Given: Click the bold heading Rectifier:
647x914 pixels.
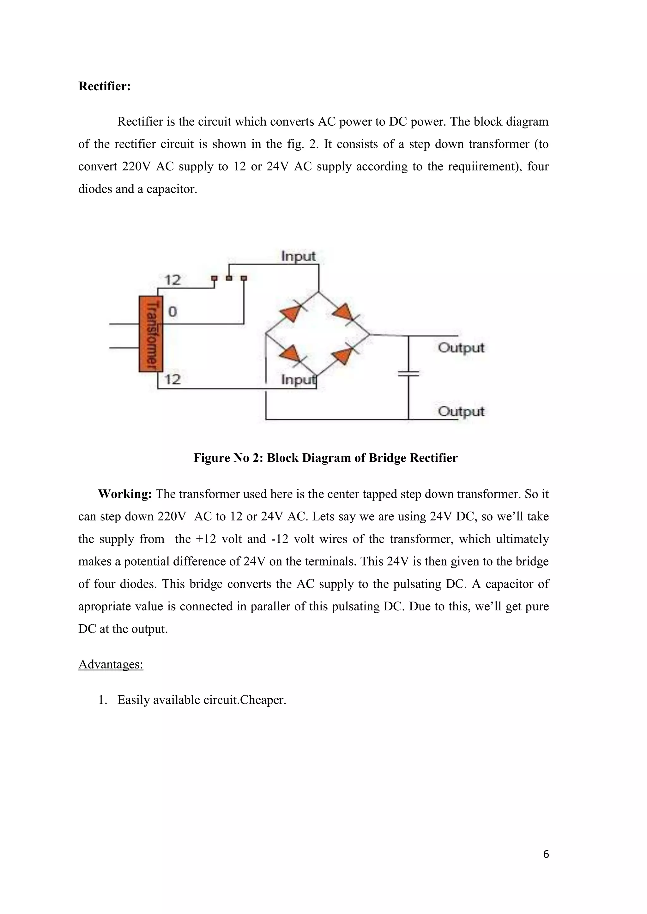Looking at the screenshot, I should click(x=104, y=86).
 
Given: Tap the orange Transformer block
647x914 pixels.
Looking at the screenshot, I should click(x=151, y=334).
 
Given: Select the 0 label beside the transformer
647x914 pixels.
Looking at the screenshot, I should click(x=172, y=312).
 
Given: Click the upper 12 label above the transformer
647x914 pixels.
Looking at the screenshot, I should click(x=172, y=280).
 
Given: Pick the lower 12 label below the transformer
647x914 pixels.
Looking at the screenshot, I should click(x=172, y=379).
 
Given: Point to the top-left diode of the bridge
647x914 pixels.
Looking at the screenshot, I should click(x=290, y=314).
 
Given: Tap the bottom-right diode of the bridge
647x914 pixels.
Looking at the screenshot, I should click(x=343, y=355).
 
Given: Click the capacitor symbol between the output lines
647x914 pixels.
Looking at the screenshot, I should click(x=408, y=373).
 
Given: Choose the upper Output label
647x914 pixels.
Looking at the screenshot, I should click(x=461, y=348).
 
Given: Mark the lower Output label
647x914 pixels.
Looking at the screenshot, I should click(x=461, y=411).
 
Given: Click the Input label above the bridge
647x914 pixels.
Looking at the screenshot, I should click(x=298, y=256).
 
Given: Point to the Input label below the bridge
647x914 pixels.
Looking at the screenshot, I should click(x=298, y=380).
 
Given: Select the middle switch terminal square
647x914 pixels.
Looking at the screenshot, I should click(x=229, y=278).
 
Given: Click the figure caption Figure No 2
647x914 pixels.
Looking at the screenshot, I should click(x=325, y=458).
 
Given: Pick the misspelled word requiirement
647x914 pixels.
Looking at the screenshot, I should click(x=482, y=166).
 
